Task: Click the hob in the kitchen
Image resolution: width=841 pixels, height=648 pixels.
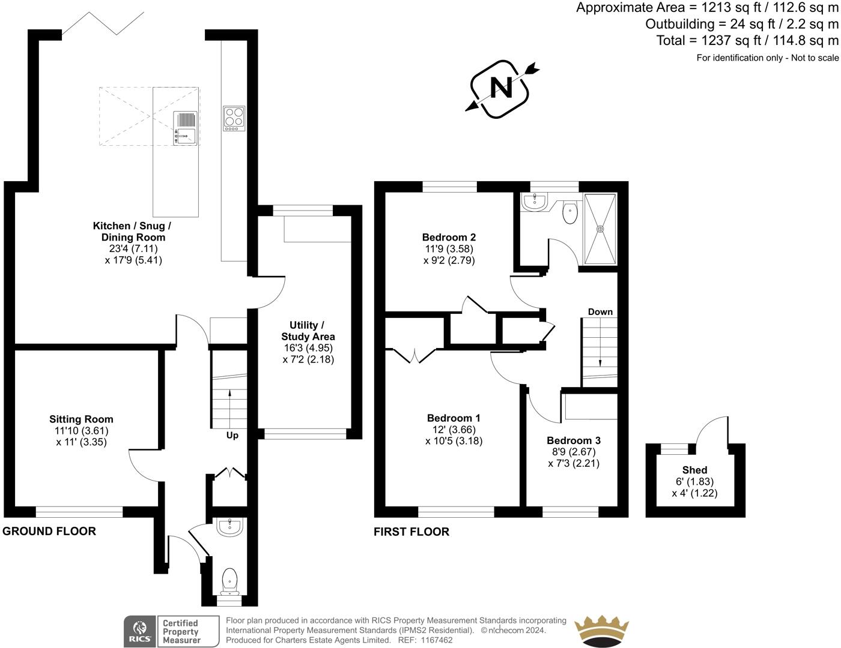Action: click(234, 118)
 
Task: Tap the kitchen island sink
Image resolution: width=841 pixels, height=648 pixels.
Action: click(186, 128)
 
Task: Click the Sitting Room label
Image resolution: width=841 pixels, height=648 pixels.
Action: click(81, 419)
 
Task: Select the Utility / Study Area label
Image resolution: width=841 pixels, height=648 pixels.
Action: click(308, 331)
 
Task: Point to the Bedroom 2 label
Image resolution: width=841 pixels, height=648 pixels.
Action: click(449, 237)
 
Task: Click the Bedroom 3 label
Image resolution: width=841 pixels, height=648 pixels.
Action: click(574, 440)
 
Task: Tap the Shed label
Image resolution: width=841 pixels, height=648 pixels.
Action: click(694, 470)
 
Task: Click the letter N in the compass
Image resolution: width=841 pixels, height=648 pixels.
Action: click(502, 88)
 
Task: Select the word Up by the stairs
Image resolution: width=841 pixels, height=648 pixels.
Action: click(232, 436)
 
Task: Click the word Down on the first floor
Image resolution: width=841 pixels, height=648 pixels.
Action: click(600, 312)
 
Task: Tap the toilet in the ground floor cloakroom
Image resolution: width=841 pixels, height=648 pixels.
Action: click(229, 581)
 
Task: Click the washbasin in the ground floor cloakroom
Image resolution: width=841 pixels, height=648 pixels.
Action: click(229, 527)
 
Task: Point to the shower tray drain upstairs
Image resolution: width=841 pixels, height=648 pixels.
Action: click(600, 229)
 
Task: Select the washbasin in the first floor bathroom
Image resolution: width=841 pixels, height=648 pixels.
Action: click(533, 202)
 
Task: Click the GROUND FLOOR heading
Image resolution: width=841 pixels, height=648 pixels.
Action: click(49, 532)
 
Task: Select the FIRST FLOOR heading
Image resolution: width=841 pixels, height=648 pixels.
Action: click(411, 532)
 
